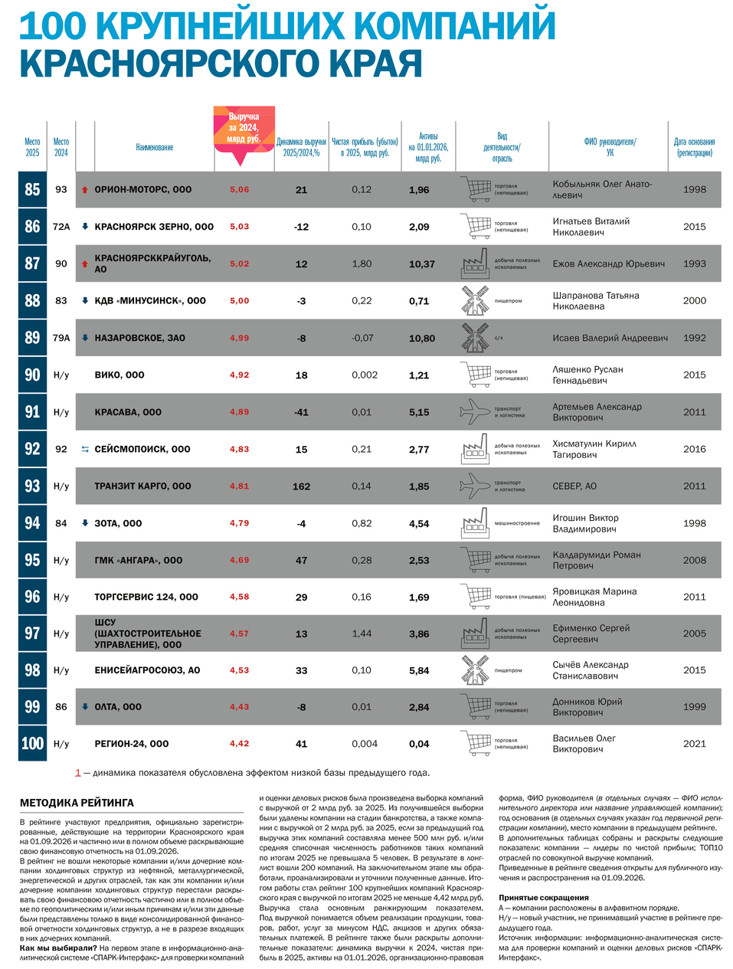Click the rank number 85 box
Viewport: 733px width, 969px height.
click(32, 189)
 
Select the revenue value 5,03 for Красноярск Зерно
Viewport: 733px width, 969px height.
click(239, 227)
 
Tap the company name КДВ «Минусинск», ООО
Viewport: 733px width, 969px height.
click(150, 300)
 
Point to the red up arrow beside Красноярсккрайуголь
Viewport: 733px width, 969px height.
click(85, 264)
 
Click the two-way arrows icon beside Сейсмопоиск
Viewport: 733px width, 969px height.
click(85, 449)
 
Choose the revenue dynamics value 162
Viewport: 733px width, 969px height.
click(302, 486)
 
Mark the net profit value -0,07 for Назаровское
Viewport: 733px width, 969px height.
click(362, 338)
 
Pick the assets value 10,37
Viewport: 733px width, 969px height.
click(422, 264)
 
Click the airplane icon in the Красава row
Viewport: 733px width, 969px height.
click(475, 412)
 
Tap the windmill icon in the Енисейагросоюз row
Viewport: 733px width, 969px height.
click(475, 670)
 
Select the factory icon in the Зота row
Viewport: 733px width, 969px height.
click(475, 523)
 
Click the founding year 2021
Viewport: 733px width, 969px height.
click(694, 744)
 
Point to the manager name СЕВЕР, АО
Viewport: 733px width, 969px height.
click(574, 486)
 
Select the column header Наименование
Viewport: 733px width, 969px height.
click(155, 147)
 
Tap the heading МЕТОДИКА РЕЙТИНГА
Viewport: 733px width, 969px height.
click(77, 803)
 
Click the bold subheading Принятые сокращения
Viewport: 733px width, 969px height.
click(544, 898)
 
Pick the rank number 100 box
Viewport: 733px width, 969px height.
click(32, 744)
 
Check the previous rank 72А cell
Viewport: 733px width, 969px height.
click(61, 227)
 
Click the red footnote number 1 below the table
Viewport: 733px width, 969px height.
click(77, 773)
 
